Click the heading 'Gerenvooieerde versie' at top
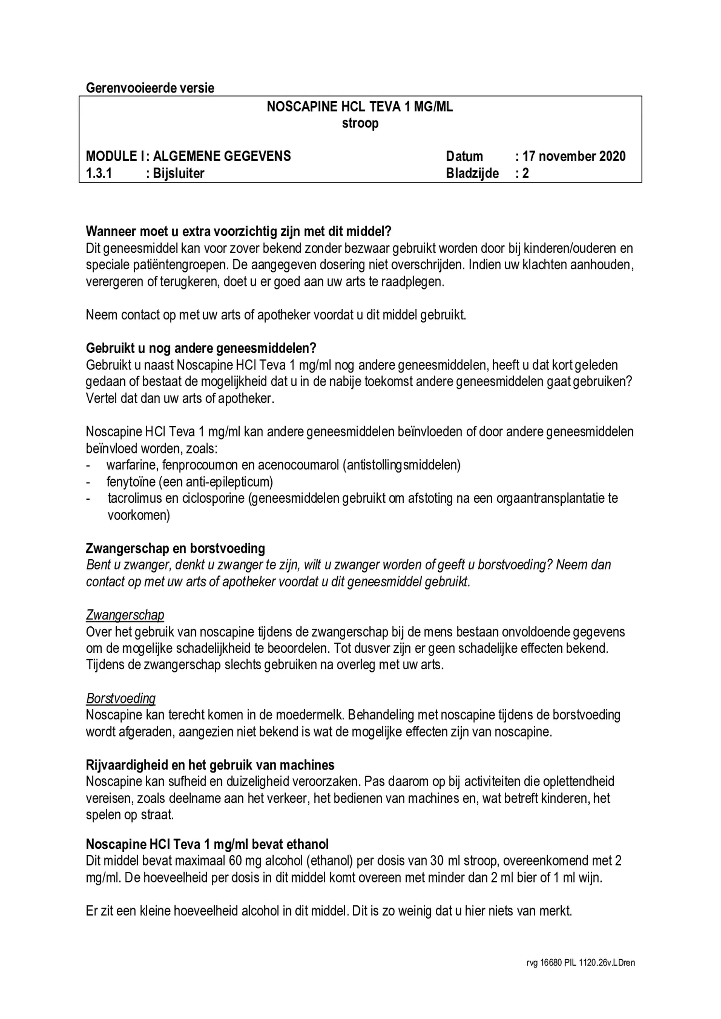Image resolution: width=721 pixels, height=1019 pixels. (150, 88)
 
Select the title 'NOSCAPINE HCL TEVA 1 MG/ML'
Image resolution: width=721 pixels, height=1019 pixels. (360, 107)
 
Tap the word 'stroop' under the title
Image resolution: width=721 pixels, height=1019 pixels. (360, 124)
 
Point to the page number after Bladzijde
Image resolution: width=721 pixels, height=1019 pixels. (526, 173)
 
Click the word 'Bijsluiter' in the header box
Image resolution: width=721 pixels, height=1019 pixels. (179, 173)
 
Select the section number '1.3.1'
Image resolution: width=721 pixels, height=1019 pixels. (99, 173)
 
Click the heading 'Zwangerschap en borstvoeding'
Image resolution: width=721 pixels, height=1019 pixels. (175, 549)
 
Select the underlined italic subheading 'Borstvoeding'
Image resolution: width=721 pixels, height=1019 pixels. (121, 698)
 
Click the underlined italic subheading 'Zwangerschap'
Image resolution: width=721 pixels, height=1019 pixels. (125, 615)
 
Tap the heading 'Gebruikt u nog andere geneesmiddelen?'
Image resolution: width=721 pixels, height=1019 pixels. (201, 348)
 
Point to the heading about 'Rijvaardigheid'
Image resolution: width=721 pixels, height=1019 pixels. (210, 765)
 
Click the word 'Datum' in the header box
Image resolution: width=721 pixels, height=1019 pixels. (464, 156)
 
